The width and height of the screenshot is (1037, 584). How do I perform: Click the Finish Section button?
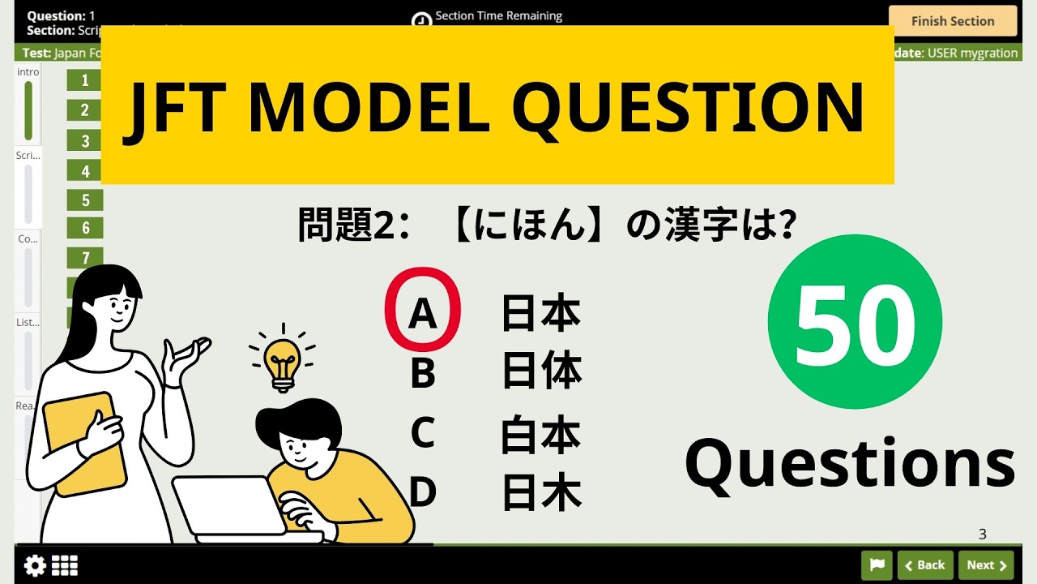(952, 21)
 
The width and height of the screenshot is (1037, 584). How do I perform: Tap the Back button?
(924, 565)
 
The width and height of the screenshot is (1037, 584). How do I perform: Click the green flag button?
(877, 565)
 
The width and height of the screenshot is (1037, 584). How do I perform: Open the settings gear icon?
(35, 565)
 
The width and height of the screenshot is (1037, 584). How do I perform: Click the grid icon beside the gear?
(65, 565)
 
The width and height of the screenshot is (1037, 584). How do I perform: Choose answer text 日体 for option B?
(541, 372)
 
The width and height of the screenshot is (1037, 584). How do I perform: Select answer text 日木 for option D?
(541, 492)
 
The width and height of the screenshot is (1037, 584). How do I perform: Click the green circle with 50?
(855, 321)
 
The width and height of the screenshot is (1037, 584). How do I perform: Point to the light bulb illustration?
(282, 361)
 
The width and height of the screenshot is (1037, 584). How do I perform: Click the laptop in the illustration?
(231, 508)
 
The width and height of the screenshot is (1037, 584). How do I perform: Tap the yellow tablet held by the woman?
(84, 444)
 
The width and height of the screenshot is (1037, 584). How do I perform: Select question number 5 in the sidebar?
(85, 200)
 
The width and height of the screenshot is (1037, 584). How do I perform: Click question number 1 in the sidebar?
(85, 79)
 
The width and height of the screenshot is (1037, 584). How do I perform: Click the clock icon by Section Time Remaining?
(421, 21)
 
